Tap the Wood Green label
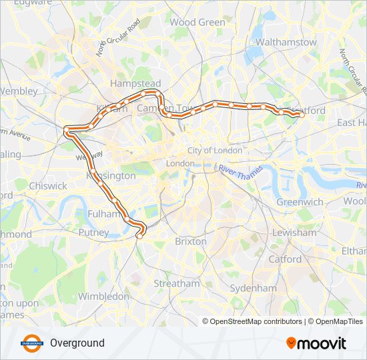198,22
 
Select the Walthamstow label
286,42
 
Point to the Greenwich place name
300,202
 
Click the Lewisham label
294,233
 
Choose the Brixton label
191,241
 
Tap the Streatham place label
176,283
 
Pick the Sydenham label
253,288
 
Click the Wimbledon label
103,295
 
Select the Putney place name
93,233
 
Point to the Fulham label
103,213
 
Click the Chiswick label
48,186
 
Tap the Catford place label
286,259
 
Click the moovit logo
316,343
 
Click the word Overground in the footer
77,343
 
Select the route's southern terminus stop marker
139,235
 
